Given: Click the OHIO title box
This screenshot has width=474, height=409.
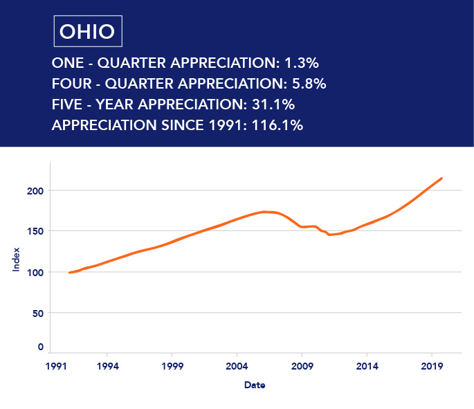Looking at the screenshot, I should pyautogui.click(x=87, y=31).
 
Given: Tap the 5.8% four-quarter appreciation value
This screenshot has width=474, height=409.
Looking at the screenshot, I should pyautogui.click(x=306, y=84).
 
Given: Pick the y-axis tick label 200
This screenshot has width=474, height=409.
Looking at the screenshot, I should pyautogui.click(x=34, y=190).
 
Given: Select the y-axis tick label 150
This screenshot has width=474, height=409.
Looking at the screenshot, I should pyautogui.click(x=34, y=231).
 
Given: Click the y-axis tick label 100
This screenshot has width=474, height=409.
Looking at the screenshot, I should pyautogui.click(x=34, y=272).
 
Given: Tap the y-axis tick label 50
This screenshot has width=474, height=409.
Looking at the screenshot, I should pyautogui.click(x=37, y=313).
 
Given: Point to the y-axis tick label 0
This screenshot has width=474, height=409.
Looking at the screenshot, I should pyautogui.click(x=40, y=347).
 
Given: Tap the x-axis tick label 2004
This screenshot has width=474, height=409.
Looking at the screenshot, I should pyautogui.click(x=237, y=365).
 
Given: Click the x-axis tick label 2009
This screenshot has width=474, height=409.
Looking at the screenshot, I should pyautogui.click(x=302, y=365).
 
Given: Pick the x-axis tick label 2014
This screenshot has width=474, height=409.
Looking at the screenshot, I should pyautogui.click(x=367, y=365).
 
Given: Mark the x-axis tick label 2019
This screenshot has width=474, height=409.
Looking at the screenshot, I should pyautogui.click(x=432, y=365).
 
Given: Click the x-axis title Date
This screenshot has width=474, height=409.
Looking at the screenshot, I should pyautogui.click(x=255, y=385).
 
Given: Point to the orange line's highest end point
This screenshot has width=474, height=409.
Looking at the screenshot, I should pyautogui.click(x=442, y=178).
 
